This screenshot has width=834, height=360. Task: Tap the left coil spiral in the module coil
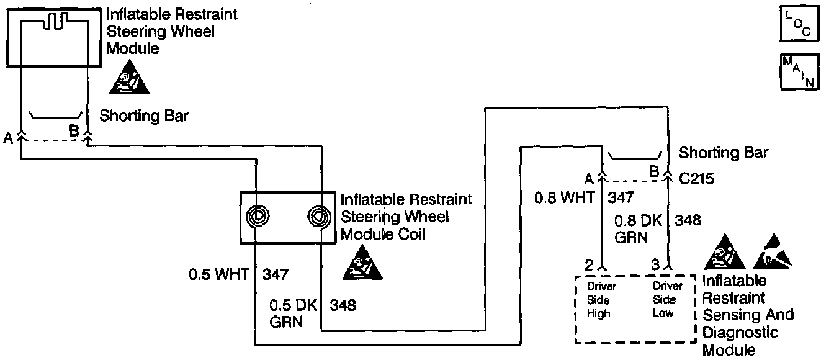click(258, 217)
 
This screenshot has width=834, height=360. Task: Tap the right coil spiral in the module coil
click(319, 217)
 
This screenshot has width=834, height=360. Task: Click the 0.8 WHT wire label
click(564, 198)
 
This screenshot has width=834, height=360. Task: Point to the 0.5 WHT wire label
click(218, 273)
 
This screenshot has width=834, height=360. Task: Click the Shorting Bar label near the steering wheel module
click(144, 115)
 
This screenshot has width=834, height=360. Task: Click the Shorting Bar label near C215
click(724, 153)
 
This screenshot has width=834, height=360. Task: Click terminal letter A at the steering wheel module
click(8, 138)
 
